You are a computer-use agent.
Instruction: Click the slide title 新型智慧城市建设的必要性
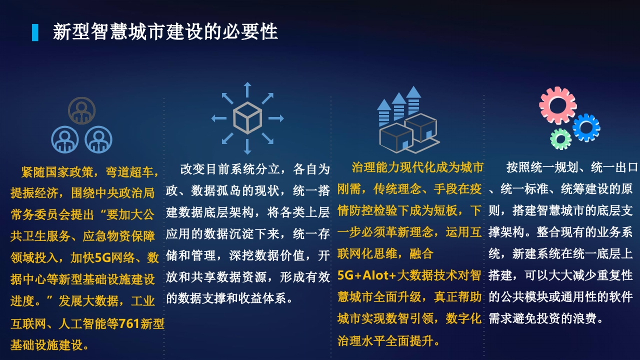(x=165, y=31)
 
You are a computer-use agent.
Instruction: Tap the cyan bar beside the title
(x=35, y=32)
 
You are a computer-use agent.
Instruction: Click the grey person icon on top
(x=81, y=110)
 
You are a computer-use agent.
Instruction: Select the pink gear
(x=557, y=105)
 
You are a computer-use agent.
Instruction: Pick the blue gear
(x=586, y=127)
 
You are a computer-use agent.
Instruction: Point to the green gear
(x=560, y=139)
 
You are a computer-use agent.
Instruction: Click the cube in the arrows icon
(x=247, y=118)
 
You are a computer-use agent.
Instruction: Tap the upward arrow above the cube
(x=247, y=89)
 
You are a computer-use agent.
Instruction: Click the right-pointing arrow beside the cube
(x=276, y=118)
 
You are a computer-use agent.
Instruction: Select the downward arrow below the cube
(x=247, y=146)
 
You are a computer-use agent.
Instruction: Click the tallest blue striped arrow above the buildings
(x=413, y=100)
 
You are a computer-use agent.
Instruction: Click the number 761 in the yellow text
(x=129, y=323)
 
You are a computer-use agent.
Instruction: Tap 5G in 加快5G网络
(x=102, y=257)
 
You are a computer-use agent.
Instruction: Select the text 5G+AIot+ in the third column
(x=367, y=275)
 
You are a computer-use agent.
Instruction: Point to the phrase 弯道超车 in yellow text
(x=129, y=172)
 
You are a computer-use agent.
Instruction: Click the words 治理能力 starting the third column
(x=375, y=167)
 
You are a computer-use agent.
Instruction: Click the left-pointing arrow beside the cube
(x=219, y=118)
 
